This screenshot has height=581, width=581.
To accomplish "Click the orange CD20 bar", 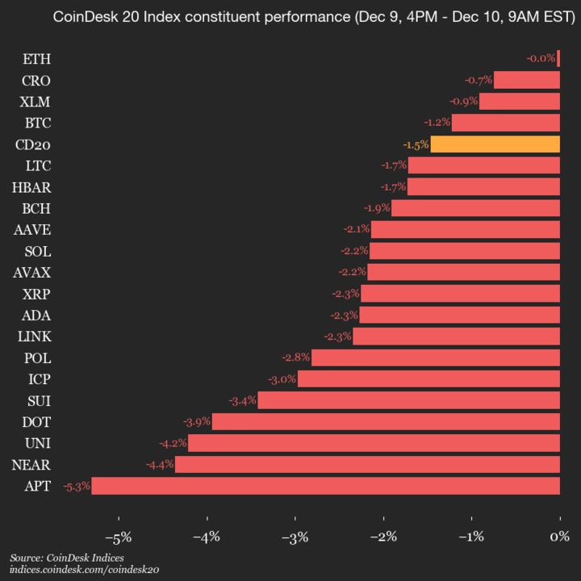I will coord(495,144).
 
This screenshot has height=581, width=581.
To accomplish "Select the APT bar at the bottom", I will coord(325,486).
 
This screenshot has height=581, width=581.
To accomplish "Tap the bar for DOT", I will coord(386,422).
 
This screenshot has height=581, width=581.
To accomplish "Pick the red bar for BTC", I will coord(505,123).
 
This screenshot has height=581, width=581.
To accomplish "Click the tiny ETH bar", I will coord(558,59).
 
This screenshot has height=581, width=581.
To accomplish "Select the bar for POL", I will coord(436,357).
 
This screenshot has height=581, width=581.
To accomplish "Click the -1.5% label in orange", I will coord(416,144).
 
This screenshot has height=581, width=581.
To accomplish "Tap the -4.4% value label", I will coord(159,465).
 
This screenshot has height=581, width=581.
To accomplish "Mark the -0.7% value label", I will coord(479,80).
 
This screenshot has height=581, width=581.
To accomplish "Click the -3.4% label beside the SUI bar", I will coord(242,400).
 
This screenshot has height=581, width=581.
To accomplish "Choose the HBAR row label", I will coord(31,187).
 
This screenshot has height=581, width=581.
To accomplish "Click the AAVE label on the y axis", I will coord(32,230).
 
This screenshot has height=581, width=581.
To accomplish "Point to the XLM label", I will coord(36,102).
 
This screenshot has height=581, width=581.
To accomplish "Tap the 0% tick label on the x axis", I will coord(559,537).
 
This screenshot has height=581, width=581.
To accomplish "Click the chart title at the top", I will coord(290,17).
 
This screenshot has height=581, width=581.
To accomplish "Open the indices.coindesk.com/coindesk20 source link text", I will coord(84,570).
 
